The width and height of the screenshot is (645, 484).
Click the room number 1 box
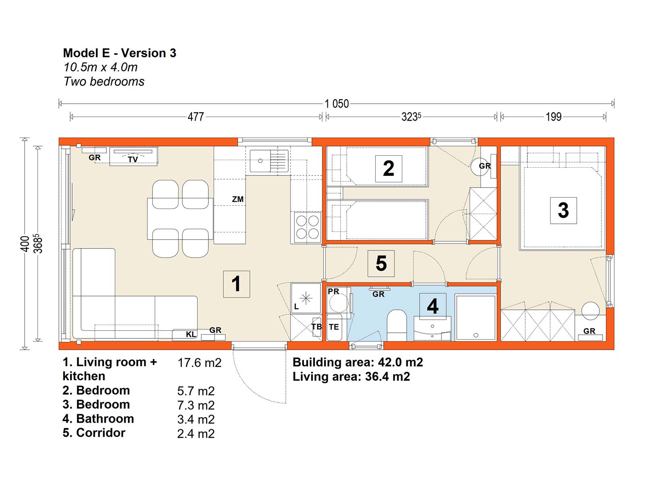[236, 284]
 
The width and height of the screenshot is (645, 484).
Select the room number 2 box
[389, 169]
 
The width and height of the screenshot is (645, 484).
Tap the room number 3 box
[563, 211]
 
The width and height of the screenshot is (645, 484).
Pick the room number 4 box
[433, 306]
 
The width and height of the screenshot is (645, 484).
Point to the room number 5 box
[381, 263]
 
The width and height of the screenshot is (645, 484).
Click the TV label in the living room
[133, 159]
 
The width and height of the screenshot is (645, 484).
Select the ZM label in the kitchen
[238, 199]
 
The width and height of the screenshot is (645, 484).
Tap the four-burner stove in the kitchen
[307, 227]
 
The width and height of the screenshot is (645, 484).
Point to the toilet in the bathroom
[397, 325]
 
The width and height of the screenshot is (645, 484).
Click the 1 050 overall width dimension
[337, 104]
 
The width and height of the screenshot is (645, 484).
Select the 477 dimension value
[196, 117]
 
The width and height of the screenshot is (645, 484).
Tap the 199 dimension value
[553, 117]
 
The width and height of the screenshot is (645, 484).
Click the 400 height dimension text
[25, 244]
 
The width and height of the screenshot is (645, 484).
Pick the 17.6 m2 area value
[199, 363]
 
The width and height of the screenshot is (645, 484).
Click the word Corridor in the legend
[100, 432]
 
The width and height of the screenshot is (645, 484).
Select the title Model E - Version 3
[120, 53]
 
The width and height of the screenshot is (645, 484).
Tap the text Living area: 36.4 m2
[351, 376]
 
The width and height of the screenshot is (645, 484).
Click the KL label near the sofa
[191, 334]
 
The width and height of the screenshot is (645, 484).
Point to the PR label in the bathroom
[333, 291]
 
